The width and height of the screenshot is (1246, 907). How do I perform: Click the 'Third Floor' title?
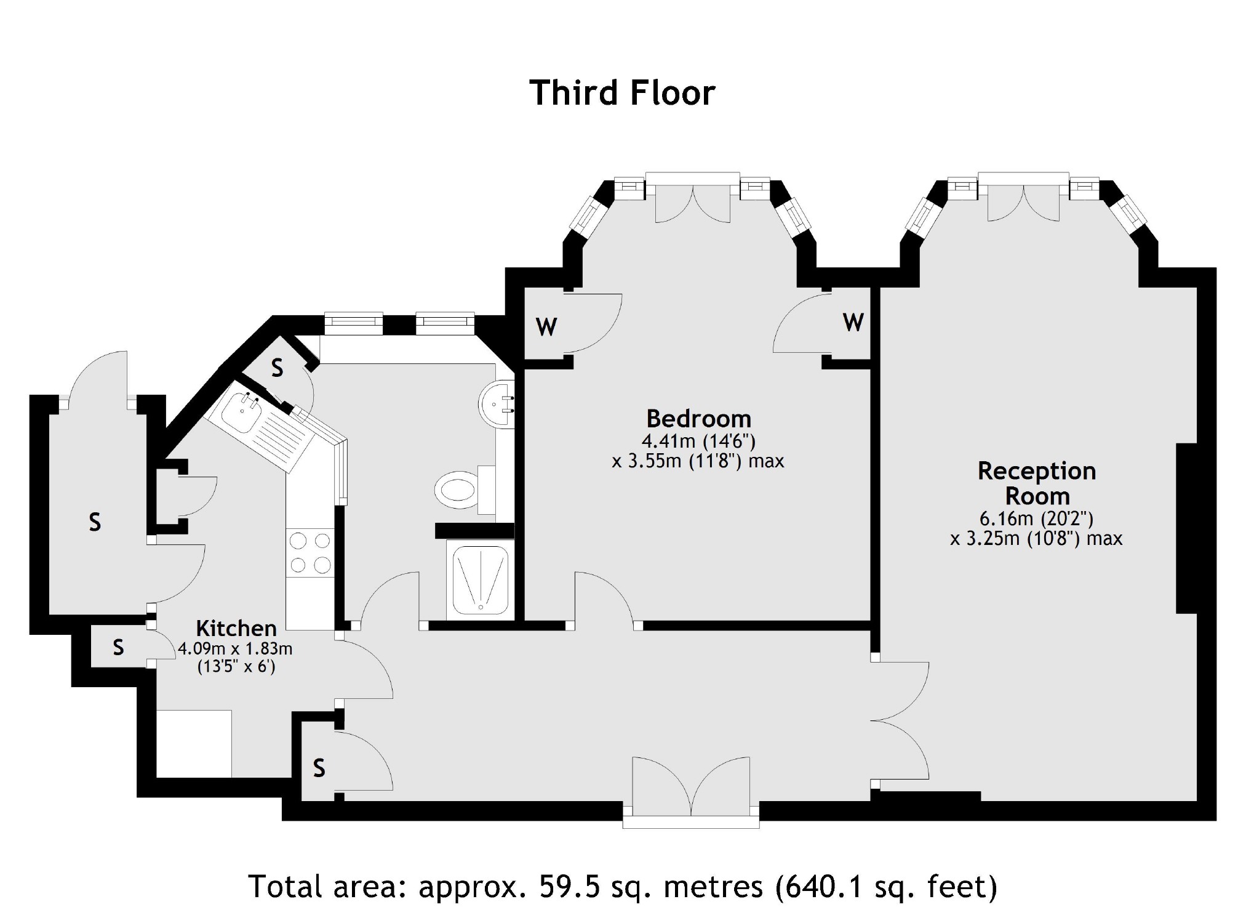tap(622, 93)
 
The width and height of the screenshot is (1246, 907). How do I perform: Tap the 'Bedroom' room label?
tap(698, 419)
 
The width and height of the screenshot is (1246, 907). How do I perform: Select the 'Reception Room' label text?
tap(1037, 483)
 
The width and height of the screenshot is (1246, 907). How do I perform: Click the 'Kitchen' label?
tap(236, 628)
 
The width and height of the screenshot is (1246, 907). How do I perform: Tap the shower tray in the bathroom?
tap(480, 579)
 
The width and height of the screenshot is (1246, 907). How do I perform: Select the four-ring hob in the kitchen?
tap(310, 552)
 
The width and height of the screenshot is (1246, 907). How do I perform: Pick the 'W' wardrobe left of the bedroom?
tap(546, 326)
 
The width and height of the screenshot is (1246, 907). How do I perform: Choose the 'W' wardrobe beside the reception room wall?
tap(853, 321)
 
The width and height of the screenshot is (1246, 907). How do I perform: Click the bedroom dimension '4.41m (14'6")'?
tap(698, 441)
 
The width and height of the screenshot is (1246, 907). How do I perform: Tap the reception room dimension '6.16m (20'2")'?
tap(1037, 518)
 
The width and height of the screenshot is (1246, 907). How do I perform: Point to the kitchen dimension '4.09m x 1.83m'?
tap(235, 648)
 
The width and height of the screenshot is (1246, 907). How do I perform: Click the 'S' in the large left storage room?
tap(95, 522)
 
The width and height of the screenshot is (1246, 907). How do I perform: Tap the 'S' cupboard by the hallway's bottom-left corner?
tap(319, 768)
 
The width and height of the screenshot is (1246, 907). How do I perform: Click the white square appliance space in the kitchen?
tap(194, 744)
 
